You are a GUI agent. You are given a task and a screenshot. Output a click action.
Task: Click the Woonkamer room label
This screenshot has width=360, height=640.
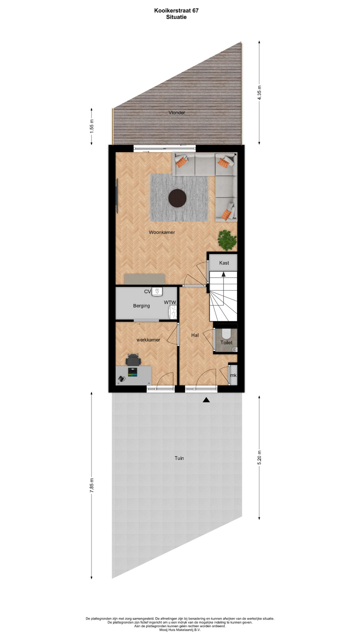(162, 232)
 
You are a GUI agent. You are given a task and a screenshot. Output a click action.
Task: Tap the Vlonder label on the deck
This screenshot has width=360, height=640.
(177, 113)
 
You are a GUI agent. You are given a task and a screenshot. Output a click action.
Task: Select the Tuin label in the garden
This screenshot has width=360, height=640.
(179, 458)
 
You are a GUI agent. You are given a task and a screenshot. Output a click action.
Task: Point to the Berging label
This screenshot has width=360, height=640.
(141, 306)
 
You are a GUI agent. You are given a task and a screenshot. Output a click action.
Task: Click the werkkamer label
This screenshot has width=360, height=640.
(148, 340)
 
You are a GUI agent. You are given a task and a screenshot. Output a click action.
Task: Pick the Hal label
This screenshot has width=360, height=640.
(195, 335)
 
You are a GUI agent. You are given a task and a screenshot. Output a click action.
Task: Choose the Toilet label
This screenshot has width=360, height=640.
(226, 342)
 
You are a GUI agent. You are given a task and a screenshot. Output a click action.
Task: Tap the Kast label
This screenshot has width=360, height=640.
(224, 263)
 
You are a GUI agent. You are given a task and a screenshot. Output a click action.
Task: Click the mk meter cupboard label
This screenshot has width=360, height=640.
(233, 375)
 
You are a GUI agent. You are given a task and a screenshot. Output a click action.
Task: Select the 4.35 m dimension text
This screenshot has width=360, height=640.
(260, 93)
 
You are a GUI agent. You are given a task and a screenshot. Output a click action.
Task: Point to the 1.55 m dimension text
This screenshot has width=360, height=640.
(92, 126)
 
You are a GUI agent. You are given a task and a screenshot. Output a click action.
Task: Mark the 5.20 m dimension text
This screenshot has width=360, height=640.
(260, 457)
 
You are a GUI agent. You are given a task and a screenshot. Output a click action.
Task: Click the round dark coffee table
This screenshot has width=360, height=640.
(177, 198)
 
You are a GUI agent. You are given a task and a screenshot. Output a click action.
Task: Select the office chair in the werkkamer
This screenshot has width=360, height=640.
(133, 360)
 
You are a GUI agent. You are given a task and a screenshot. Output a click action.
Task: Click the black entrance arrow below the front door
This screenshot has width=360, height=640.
(206, 400)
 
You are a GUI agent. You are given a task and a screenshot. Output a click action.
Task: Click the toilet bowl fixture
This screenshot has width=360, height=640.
(226, 333)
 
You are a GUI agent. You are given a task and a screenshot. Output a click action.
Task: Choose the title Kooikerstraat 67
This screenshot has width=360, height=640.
(176, 10)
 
